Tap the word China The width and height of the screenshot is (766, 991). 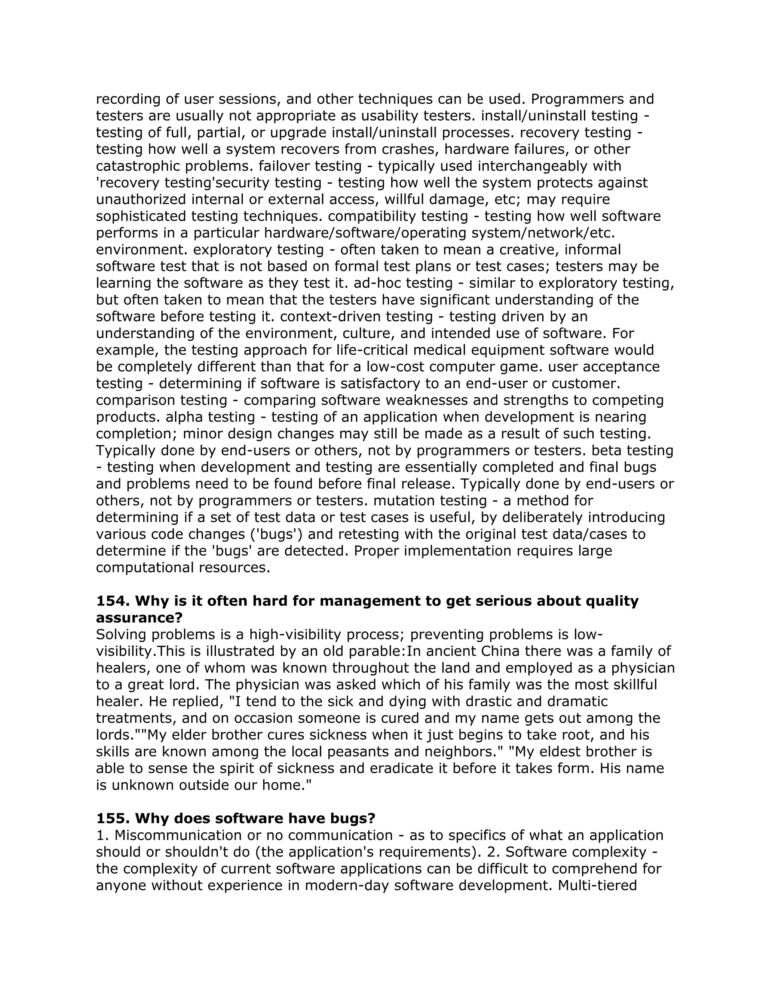pos(499,651)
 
